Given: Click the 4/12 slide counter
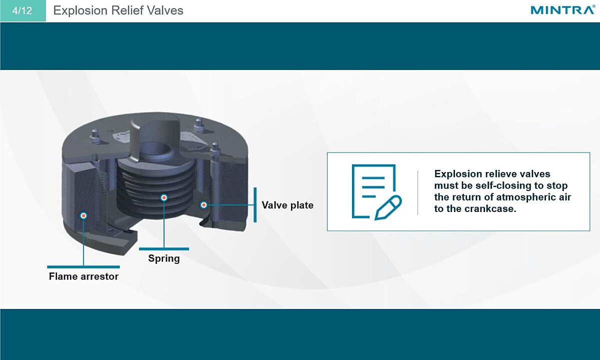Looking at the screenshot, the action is tap(22, 10).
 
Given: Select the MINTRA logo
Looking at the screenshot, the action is tap(562, 10).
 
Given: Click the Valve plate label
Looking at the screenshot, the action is tap(287, 205).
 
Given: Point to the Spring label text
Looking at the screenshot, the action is tap(164, 258).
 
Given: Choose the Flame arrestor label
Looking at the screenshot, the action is tap(83, 276).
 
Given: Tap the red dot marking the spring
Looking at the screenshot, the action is tap(164, 197).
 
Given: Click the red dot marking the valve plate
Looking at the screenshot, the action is tap(204, 205).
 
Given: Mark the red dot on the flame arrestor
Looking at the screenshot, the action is tap(83, 215).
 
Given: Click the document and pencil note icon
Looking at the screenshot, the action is tap(376, 192).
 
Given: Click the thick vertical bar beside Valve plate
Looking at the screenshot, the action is tap(255, 205).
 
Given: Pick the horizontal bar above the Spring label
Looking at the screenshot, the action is tap(164, 249).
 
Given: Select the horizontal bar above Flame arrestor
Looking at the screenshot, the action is tap(83, 267).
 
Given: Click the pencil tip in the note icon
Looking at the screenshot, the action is tap(376, 218).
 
